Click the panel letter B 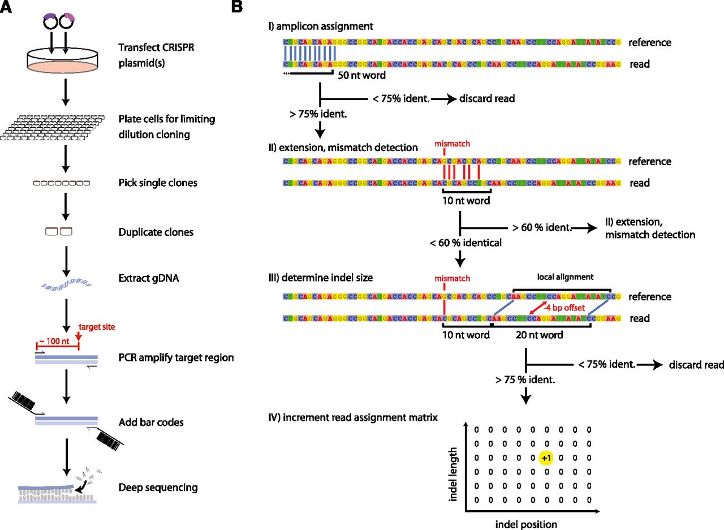(238, 6)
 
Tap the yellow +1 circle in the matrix (546, 458)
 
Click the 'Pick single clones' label (158, 183)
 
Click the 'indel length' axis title (453, 464)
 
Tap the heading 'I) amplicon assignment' (321, 27)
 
